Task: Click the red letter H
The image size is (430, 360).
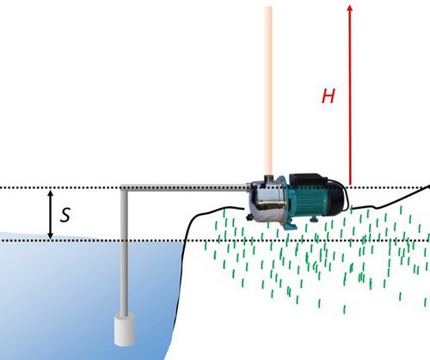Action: click(x=329, y=96)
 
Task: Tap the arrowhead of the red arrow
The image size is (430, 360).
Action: click(x=350, y=8)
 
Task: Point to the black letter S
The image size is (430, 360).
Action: click(x=65, y=215)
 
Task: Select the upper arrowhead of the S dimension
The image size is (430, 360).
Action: click(x=51, y=193)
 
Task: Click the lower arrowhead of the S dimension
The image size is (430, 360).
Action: click(x=51, y=235)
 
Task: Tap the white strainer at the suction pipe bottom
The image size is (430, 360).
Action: click(x=125, y=329)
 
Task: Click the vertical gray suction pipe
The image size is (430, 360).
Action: click(x=124, y=252)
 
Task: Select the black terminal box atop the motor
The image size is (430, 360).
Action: click(x=307, y=179)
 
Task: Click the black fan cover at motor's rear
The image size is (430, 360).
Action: click(x=336, y=198)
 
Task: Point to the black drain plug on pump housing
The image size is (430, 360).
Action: click(x=249, y=217)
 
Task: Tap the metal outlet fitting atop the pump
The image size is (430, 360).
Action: click(x=268, y=178)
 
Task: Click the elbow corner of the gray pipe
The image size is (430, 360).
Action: click(x=124, y=188)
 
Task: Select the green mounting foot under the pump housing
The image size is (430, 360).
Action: click(x=290, y=225)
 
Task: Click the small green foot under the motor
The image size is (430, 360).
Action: click(x=314, y=219)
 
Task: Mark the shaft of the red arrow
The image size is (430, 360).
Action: click(x=350, y=98)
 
